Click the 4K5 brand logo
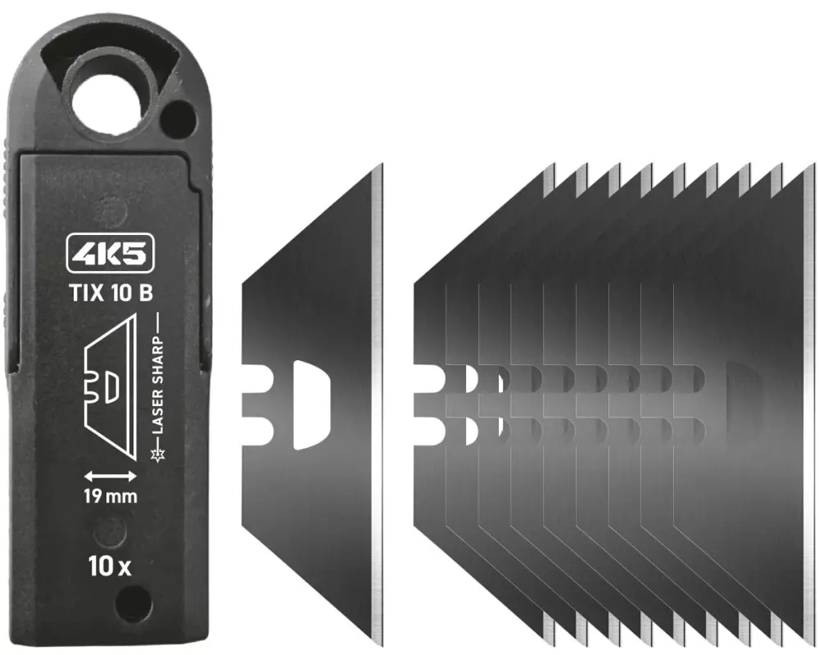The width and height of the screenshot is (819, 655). coord(111,253)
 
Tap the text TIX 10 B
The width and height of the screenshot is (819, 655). coord(111,293)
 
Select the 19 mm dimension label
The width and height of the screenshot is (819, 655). coord(111,495)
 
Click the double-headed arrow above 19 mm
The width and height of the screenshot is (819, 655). coord(111,476)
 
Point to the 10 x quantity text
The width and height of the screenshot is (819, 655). coord(110,567)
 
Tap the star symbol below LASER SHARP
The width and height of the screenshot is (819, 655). coord(157,455)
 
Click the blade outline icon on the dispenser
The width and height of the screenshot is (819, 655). coord(111,387)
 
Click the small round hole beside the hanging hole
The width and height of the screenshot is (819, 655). coord(178,118)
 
